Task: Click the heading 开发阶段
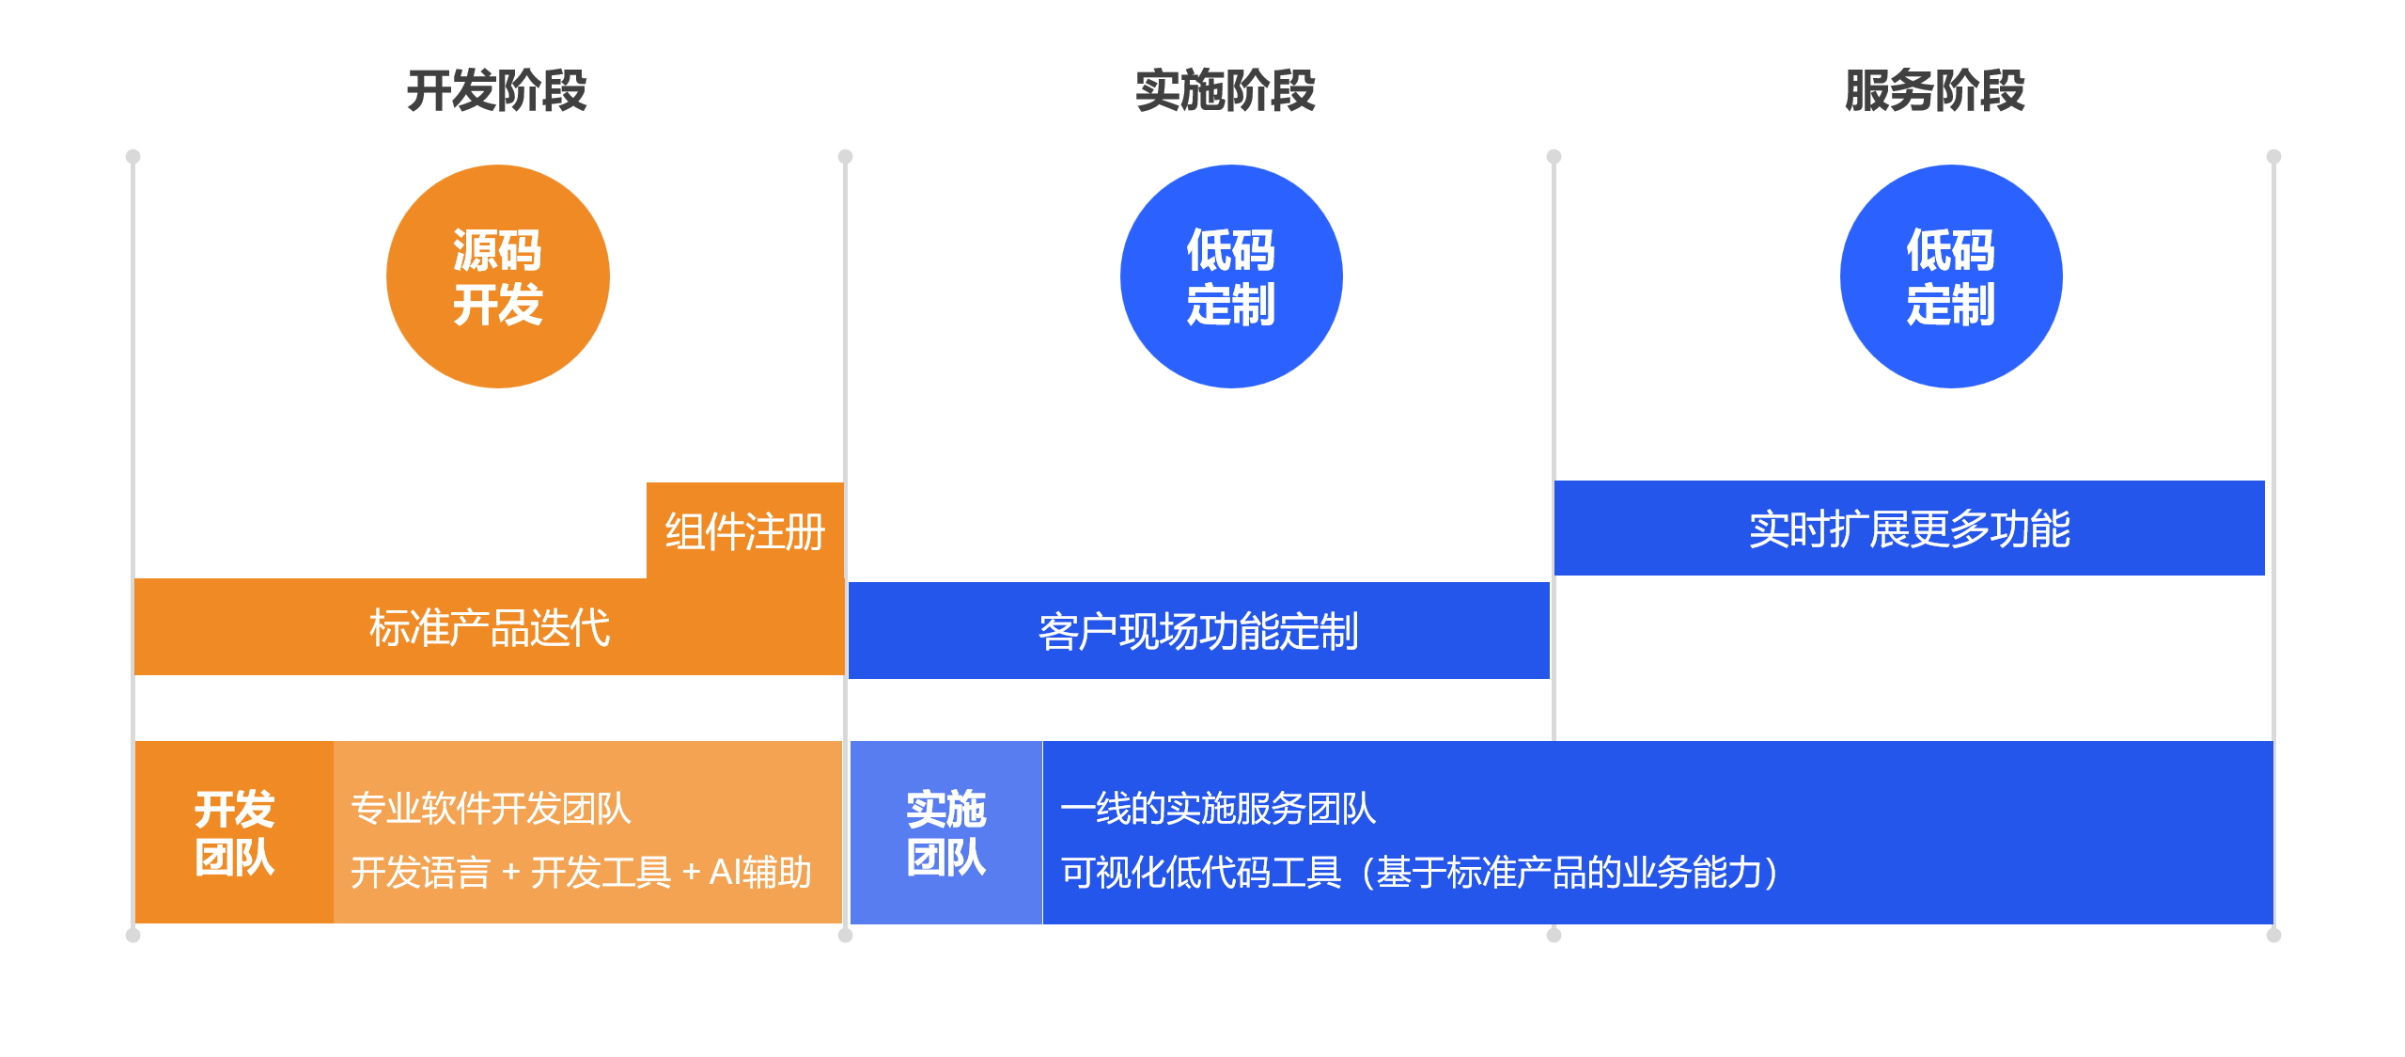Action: coord(496,91)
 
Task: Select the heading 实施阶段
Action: coord(1225,91)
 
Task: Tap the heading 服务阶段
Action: coord(1934,91)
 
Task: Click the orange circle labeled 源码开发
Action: coord(498,276)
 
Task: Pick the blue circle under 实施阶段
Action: coord(1231,276)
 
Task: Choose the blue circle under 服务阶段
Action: coord(1951,276)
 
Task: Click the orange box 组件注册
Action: coord(744,530)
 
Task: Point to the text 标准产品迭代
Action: coord(490,628)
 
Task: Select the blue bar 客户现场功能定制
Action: coord(1198,630)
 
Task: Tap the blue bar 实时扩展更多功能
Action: coord(1909,528)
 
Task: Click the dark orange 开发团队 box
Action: coord(234,832)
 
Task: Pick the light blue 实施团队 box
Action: coord(946,832)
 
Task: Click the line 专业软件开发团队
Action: coord(491,809)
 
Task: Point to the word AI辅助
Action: coord(760,872)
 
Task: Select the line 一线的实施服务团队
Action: coord(1218,809)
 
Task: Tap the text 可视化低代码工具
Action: coord(1201,872)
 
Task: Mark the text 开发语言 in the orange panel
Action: coord(420,872)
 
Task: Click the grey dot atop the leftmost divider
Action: coord(133,156)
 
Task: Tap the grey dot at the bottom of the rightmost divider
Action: coord(2273,935)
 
